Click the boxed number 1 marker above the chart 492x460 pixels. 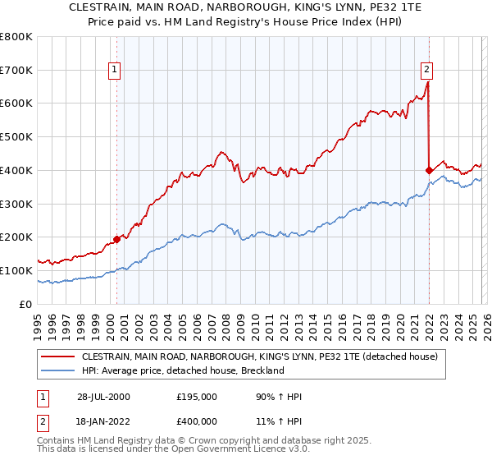(x=116, y=70)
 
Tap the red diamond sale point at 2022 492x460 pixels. (x=429, y=170)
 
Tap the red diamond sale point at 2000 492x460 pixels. (x=116, y=239)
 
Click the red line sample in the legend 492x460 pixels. (x=58, y=356)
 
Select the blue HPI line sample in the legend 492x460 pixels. (x=58, y=370)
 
